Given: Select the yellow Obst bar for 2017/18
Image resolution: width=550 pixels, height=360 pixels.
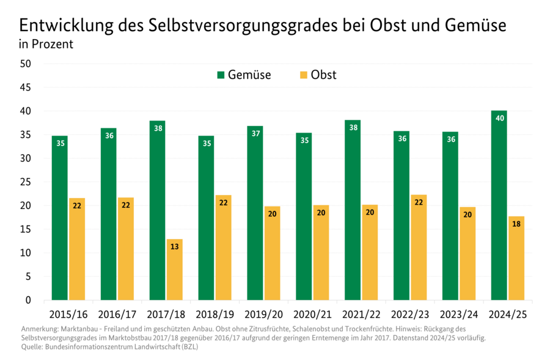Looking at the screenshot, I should [174, 270].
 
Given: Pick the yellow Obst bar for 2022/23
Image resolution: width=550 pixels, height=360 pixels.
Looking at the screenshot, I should [419, 248].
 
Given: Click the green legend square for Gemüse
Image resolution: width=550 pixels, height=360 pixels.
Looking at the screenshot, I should [221, 75].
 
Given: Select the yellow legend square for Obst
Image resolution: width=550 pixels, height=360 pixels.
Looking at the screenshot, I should [303, 75].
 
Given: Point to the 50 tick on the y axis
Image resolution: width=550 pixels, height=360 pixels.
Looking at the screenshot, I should [25, 64].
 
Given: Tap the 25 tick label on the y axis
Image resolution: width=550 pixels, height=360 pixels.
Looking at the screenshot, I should [25, 182].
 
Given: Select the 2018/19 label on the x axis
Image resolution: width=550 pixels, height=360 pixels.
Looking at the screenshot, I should [215, 315].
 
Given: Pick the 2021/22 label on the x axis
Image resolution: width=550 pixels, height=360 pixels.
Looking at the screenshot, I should [361, 315].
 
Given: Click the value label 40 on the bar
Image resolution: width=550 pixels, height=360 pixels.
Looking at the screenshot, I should [499, 118].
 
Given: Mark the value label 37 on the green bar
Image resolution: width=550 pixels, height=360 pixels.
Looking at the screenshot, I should [255, 133].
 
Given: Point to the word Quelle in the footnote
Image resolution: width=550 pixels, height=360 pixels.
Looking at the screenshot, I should [32, 347].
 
